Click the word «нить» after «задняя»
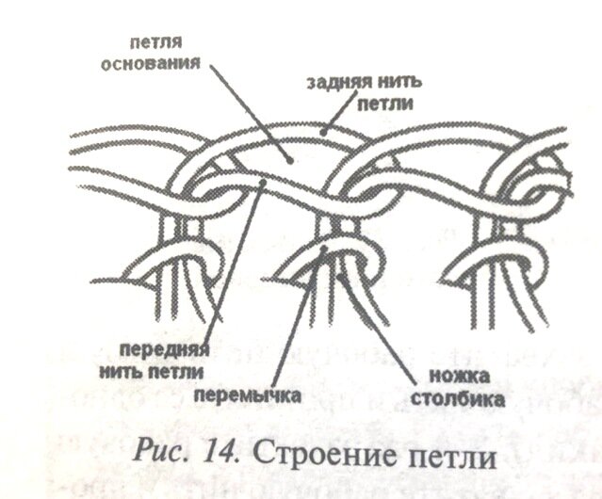400,83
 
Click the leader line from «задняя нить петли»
330,120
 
